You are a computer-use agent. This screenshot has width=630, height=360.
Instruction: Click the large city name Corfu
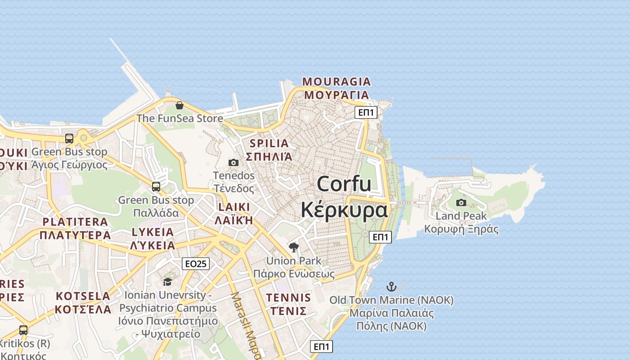point(344,184)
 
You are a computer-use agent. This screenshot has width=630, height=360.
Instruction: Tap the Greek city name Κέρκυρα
point(344,210)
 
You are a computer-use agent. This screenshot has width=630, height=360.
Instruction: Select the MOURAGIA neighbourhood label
point(337,82)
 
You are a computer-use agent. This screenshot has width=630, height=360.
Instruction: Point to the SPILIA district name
point(269,144)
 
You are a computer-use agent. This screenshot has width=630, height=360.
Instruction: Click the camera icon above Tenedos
point(234,162)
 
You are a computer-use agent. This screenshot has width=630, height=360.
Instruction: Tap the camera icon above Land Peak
point(461,203)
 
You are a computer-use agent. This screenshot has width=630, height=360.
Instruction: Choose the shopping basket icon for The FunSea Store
point(180,105)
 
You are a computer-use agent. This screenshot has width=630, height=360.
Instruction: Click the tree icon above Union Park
point(294,247)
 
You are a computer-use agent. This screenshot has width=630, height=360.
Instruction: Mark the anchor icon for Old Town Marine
point(391,286)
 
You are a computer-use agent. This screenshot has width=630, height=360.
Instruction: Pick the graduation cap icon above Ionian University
point(167,282)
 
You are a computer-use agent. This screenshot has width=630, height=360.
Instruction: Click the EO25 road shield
point(196,264)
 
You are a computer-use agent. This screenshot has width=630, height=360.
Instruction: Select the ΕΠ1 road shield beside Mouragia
point(366,112)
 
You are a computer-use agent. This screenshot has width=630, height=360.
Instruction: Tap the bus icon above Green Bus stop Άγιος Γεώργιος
point(69,139)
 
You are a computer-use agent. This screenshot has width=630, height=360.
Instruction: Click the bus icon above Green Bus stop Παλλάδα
point(156,187)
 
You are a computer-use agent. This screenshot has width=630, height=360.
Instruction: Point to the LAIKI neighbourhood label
point(234,207)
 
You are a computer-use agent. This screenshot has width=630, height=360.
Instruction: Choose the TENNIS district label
point(288,297)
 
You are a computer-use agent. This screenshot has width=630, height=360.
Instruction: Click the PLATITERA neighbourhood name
point(75,222)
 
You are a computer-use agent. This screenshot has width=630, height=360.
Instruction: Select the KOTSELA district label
point(83,296)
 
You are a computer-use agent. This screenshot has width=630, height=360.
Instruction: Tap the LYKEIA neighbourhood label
point(153,232)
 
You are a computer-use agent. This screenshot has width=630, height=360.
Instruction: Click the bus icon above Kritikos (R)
point(23,330)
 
